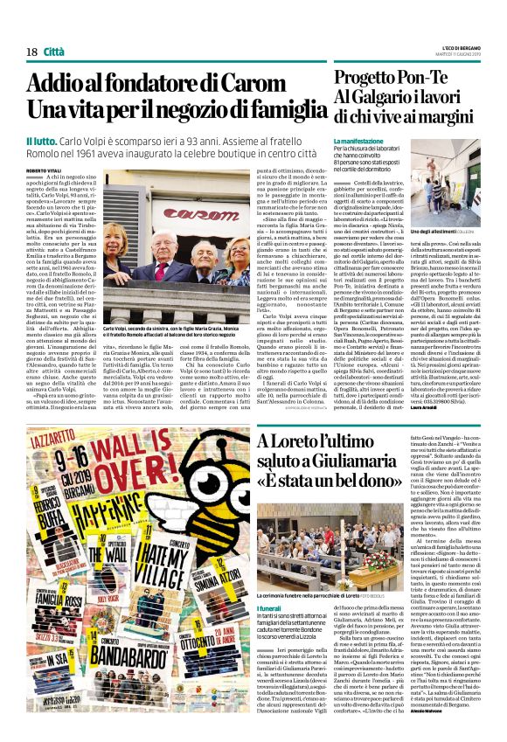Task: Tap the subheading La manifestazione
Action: tap(358, 141)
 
